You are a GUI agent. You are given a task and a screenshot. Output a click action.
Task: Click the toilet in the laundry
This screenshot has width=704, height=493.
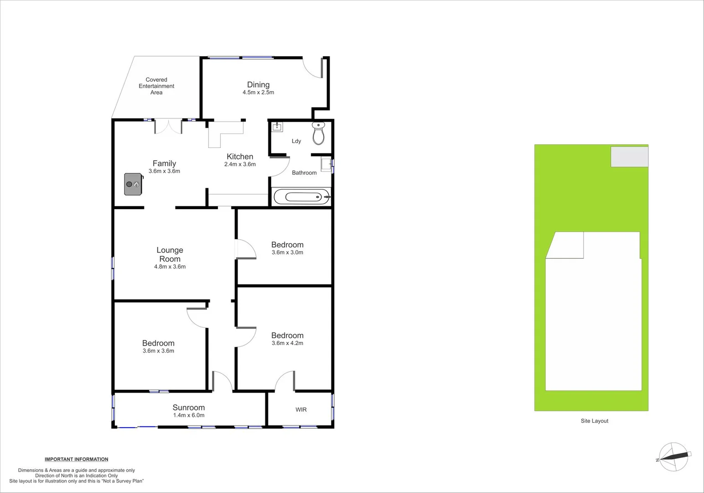coord(318,133)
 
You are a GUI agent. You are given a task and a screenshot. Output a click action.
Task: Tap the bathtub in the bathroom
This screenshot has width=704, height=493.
coord(301,197)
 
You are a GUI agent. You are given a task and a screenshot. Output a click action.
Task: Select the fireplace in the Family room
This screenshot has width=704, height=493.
coord(133,184)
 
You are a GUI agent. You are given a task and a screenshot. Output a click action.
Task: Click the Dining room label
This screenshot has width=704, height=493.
coord(258,84)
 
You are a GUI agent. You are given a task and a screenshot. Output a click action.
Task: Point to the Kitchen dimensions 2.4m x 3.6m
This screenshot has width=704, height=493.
coord(240,164)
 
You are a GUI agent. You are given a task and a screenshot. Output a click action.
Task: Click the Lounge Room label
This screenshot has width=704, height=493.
coord(170,254)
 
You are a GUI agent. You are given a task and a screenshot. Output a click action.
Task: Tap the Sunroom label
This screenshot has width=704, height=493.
coord(188,408)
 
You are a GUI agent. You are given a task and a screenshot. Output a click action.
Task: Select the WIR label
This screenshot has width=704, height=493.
coord(301,409)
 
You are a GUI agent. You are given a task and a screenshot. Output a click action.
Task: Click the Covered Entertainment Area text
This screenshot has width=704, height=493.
coord(156,86)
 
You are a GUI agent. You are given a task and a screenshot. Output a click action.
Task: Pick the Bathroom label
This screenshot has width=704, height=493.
coord(304,173)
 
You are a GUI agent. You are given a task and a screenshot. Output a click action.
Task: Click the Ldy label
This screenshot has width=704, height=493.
coord(296,141)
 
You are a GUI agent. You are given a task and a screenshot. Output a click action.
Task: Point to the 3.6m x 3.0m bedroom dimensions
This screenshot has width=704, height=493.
coord(287,252)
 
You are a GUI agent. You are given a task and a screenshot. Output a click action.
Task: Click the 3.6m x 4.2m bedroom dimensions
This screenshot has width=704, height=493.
coord(287,343)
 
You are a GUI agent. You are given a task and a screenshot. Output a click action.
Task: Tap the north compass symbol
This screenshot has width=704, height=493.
coord(674,456)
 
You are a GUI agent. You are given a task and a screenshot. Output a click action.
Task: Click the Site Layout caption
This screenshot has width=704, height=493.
coord(594,421)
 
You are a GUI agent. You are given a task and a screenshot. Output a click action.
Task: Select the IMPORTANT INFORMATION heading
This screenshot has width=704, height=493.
coord(77,459)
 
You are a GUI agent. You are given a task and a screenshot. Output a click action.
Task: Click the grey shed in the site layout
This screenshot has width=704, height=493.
coord(629,157)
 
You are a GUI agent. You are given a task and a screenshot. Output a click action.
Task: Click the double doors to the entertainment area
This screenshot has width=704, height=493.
coord(168,126)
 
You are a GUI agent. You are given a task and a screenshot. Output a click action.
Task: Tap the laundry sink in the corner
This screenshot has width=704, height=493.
coord(277,126)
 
